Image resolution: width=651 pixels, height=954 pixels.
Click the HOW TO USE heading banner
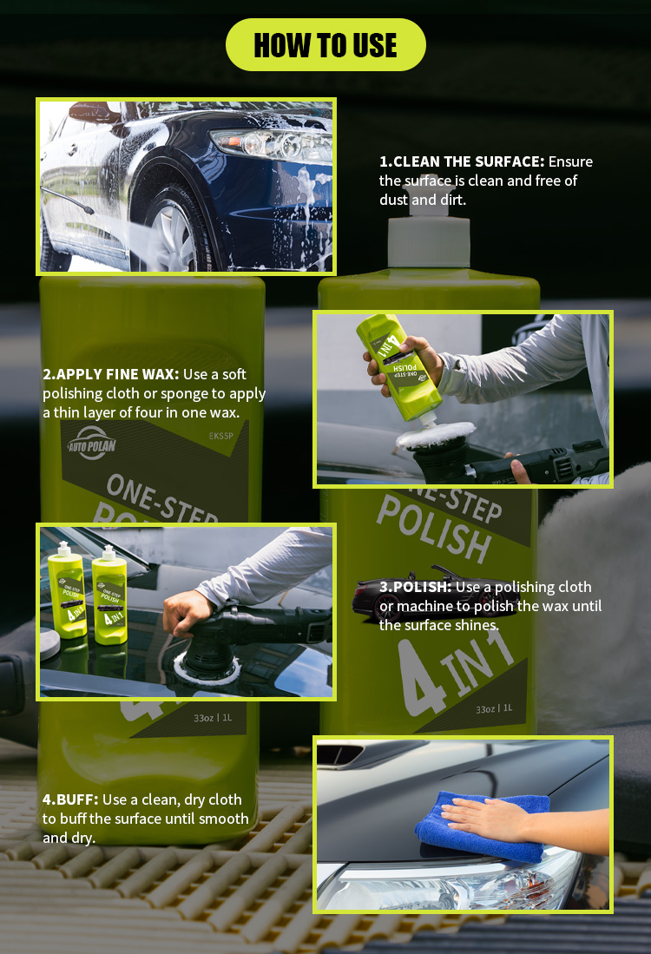[325, 45]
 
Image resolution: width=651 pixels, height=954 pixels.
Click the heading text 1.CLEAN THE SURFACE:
[462, 161]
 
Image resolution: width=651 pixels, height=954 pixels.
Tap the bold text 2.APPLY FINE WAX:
[111, 374]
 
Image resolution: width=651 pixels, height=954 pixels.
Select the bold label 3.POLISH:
[416, 587]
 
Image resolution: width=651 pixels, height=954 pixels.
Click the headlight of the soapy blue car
[272, 145]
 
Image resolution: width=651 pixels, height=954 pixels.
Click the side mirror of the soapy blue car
[95, 113]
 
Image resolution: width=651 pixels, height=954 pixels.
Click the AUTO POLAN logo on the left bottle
[92, 444]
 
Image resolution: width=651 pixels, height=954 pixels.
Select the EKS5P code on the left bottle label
[220, 436]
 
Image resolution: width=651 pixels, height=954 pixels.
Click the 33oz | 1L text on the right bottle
[494, 709]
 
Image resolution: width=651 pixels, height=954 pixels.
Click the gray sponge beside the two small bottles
[49, 644]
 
